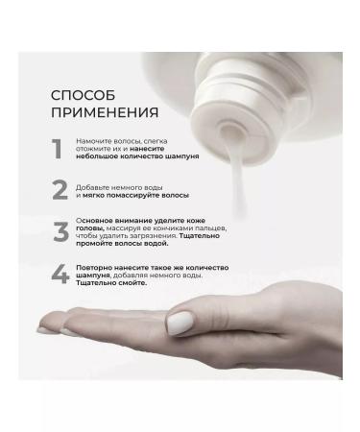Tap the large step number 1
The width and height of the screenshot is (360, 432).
pyautogui.click(x=57, y=150)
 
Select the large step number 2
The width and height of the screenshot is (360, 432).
pyautogui.click(x=59, y=190)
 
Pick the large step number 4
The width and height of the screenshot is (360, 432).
pyautogui.click(x=59, y=275)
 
